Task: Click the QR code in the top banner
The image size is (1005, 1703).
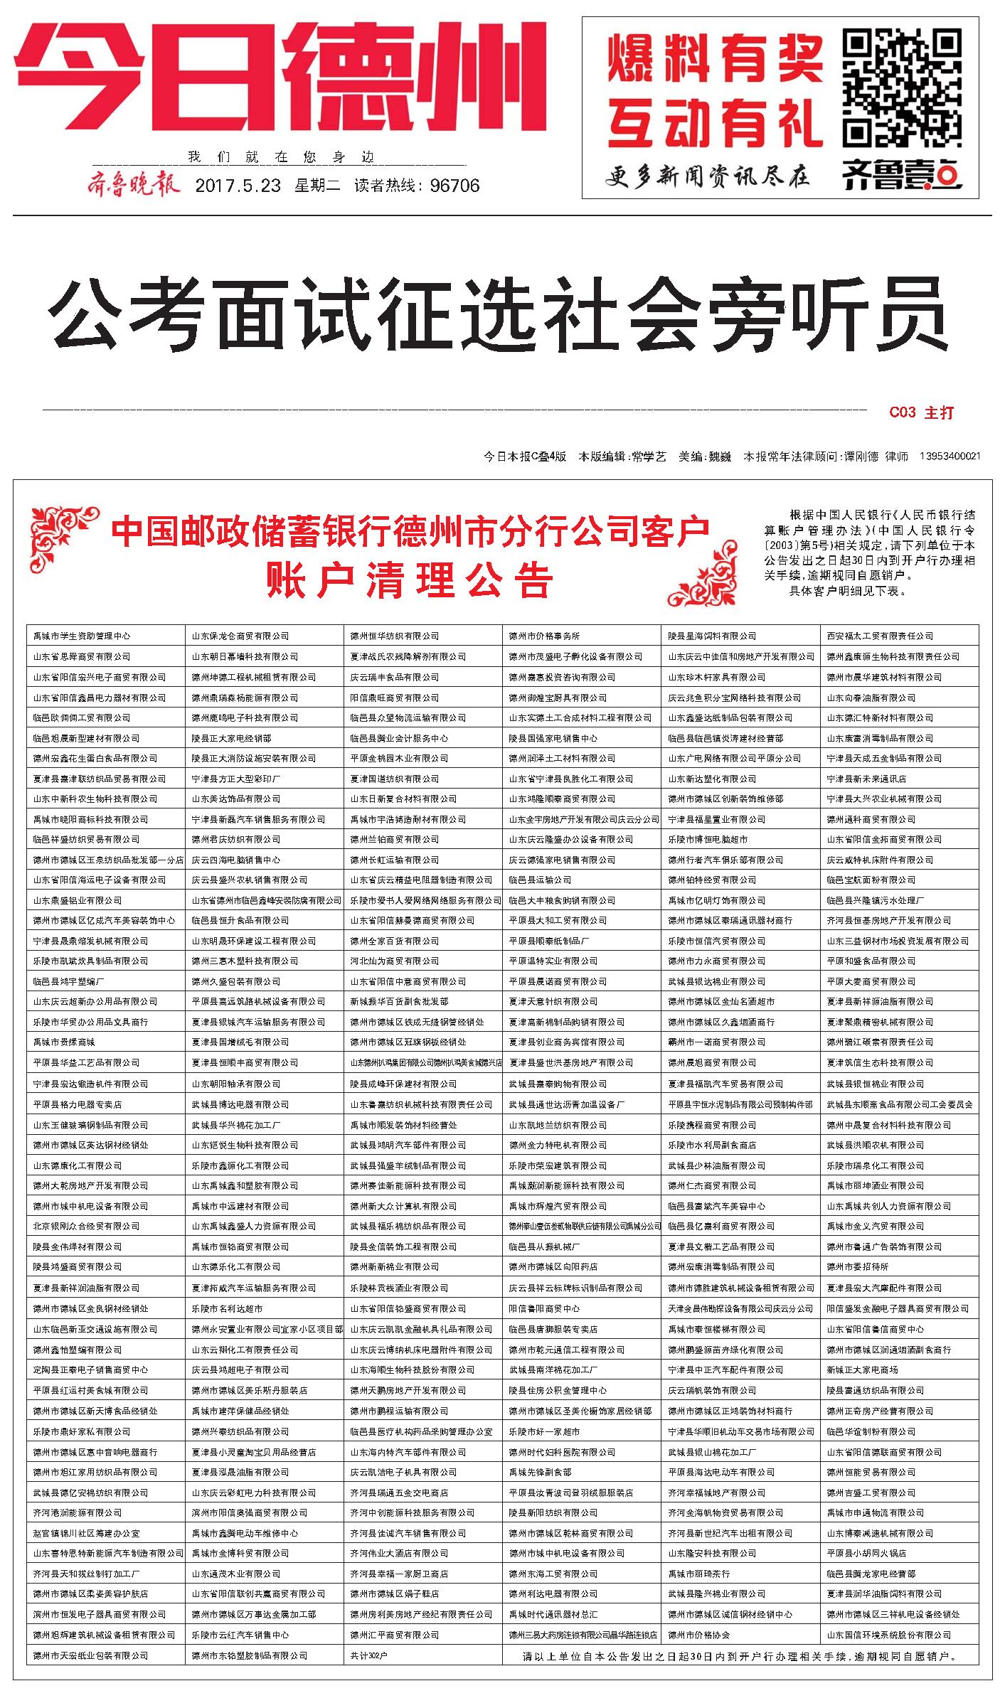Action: pos(902,89)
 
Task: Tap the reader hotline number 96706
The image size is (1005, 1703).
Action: pos(455,186)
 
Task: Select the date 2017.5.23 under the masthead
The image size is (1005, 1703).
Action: pos(238,186)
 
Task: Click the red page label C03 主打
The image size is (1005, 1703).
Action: pos(921,412)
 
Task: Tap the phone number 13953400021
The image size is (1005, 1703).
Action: pos(950,457)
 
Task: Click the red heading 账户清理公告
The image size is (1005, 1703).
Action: pos(410,581)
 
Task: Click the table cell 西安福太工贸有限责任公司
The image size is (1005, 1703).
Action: pos(880,636)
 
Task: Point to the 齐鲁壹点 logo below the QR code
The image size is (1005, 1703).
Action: pos(902,173)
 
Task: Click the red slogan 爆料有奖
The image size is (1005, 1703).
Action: pos(715,59)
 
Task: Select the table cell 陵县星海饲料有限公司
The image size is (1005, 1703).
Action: pos(712,636)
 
